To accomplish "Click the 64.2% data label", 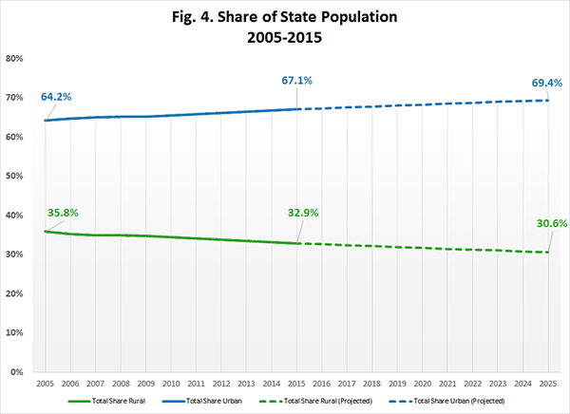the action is pos(56,97).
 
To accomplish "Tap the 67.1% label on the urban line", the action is pos(296,81).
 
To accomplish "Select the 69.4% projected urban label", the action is pos(547,83).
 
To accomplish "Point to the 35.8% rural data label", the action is pos(63,213).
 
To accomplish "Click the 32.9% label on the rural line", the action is pos(303,213).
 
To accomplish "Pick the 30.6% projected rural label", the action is pos(552,223).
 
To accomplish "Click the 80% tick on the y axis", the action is pos(14,59).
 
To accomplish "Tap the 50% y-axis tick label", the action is pos(14,176).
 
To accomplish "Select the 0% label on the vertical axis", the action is pos(17,372).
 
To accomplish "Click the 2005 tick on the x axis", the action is pos(45,384).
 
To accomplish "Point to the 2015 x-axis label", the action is pos(296,384).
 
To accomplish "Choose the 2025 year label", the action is pos(548,384).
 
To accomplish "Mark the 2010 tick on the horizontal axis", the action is pos(171,384).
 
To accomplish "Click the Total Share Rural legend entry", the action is pos(106,401).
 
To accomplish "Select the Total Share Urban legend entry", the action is pos(201,401).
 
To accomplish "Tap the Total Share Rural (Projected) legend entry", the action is pos(316,401).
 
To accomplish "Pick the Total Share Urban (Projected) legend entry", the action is pos(446,401).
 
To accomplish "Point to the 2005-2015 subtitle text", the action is pos(284,37).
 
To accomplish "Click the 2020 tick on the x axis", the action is pos(423,384).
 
